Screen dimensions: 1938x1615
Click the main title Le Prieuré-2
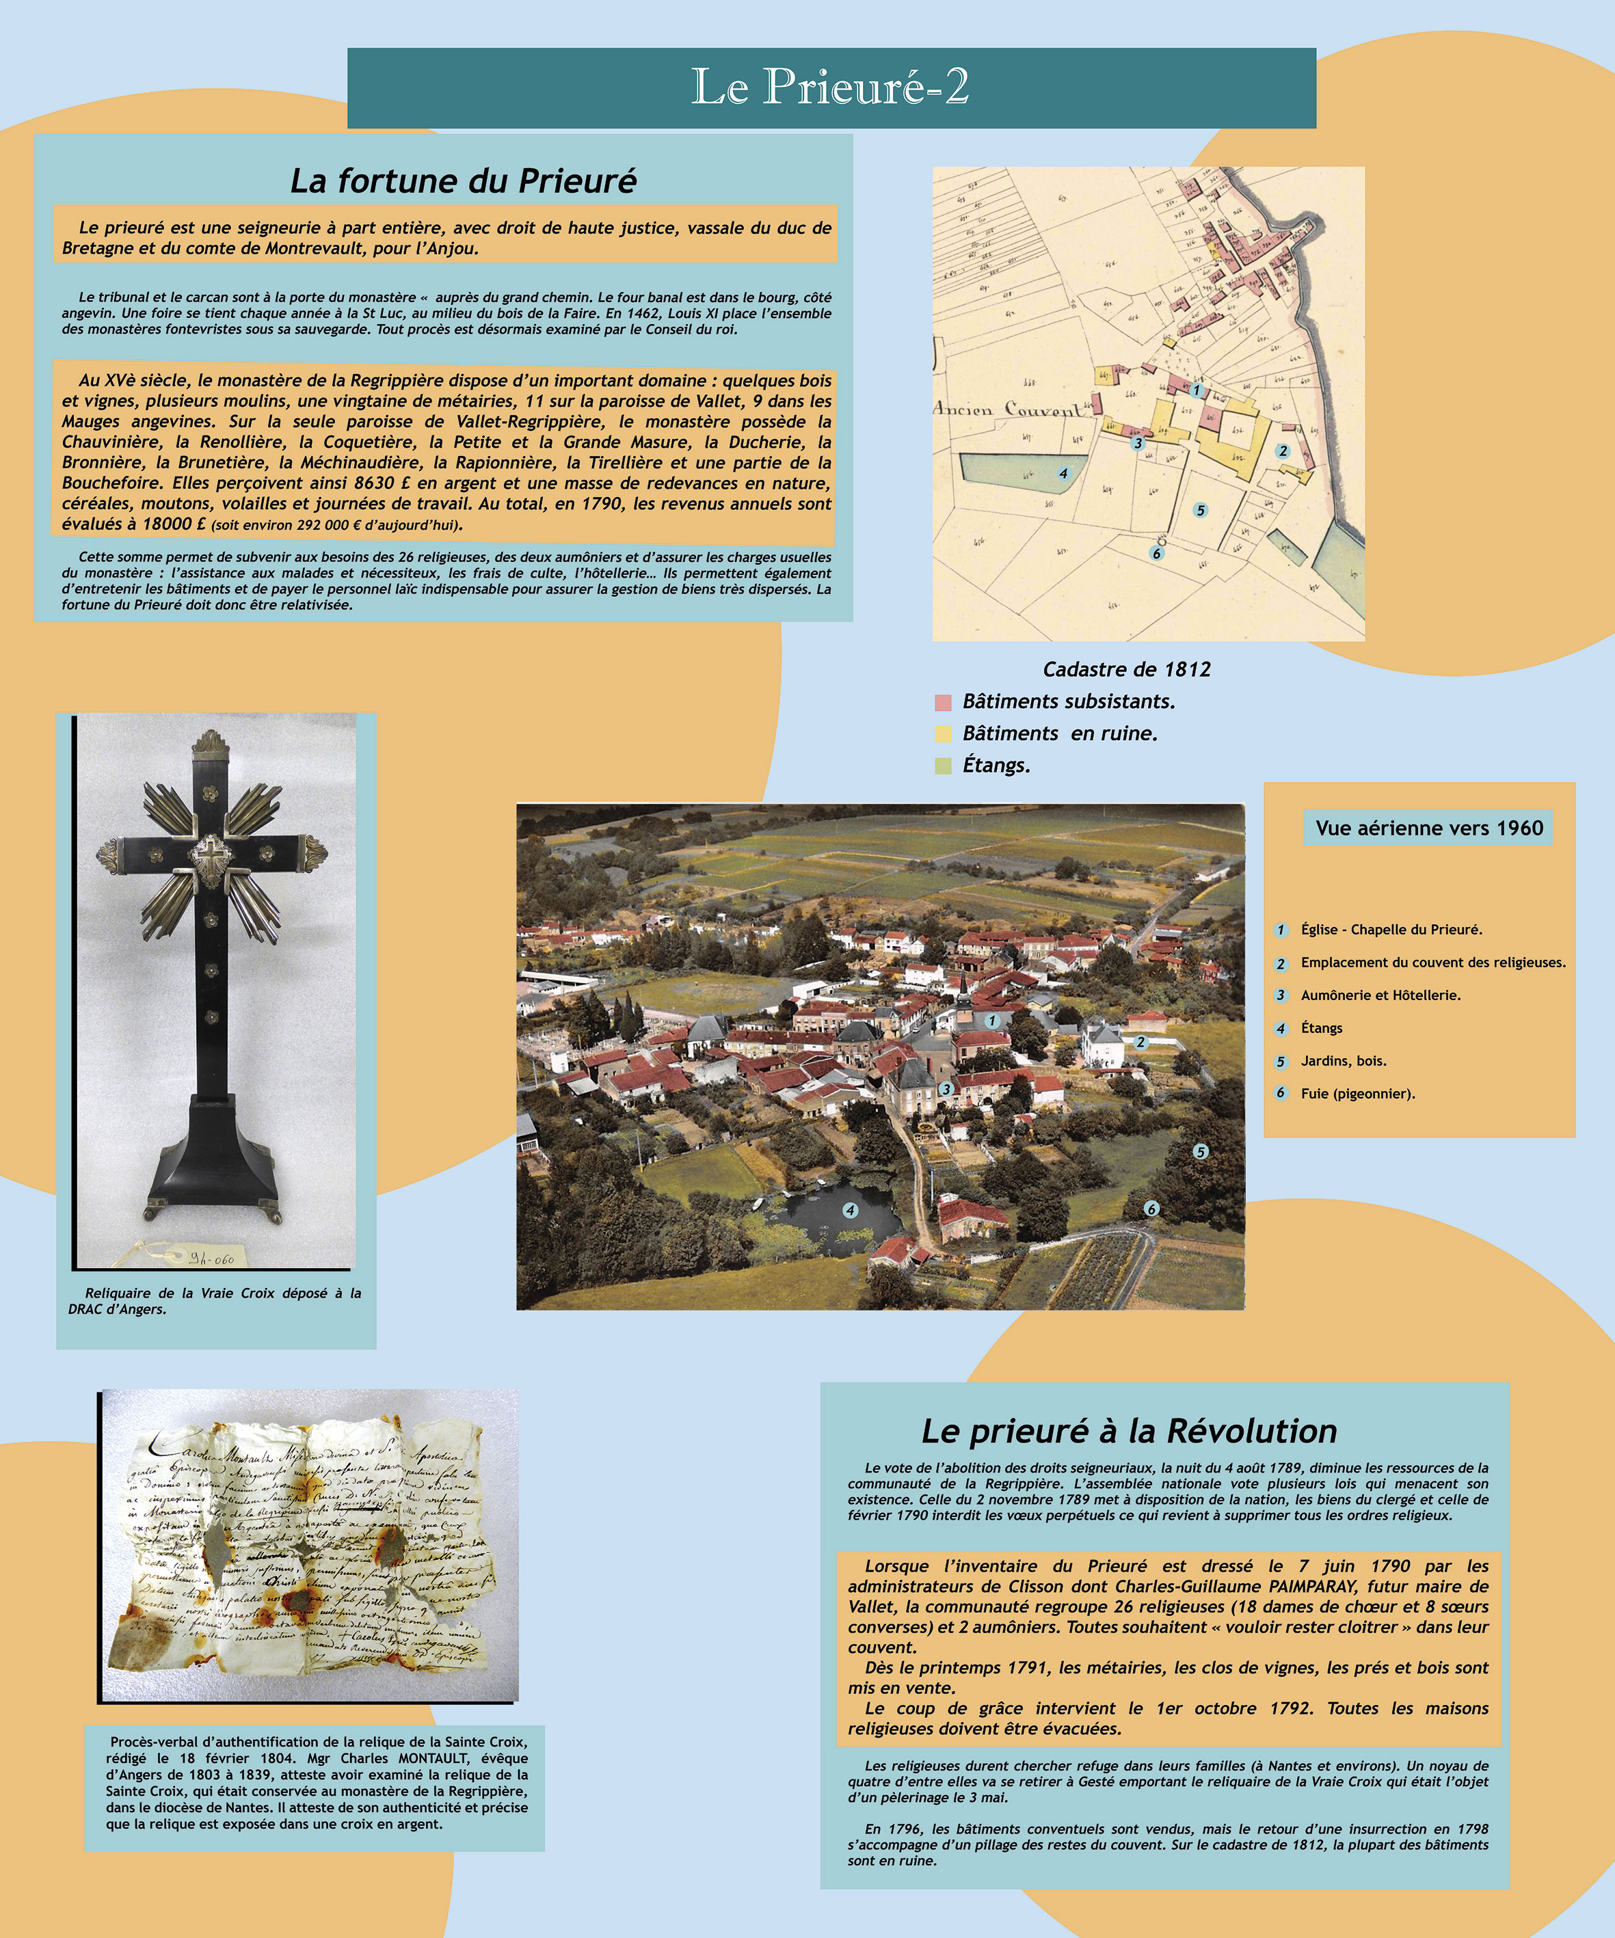831,87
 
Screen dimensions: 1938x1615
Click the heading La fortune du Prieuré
464,181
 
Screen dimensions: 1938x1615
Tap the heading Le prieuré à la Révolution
1129,1431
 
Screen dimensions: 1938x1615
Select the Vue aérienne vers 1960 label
1428,828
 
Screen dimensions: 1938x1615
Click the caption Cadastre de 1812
1126,669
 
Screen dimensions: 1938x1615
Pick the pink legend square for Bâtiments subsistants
942,702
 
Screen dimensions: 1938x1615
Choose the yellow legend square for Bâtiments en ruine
942,734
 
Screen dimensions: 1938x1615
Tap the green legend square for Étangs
942,765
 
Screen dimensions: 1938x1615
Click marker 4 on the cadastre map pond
1063,474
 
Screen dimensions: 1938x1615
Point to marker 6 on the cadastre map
1156,554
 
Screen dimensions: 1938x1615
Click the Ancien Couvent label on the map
1008,409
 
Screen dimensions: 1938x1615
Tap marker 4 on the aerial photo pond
850,1210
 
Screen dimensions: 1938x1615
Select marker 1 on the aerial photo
992,1021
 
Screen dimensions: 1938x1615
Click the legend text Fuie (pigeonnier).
1357,1094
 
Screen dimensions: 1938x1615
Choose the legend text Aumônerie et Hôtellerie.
1380,995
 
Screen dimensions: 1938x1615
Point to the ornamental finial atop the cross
211,741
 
